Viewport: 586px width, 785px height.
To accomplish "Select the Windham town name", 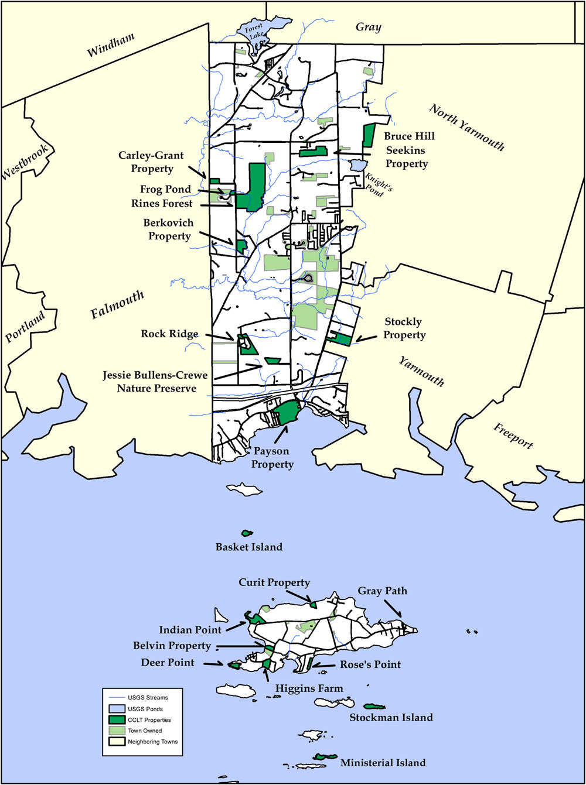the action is pyautogui.click(x=111, y=45).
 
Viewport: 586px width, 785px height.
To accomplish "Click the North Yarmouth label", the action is pyautogui.click(x=467, y=127).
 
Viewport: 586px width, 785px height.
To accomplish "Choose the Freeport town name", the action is pyautogui.click(x=513, y=435).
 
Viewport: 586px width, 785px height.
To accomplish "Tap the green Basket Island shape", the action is pyautogui.click(x=247, y=533).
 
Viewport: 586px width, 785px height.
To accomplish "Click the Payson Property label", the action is pyautogui.click(x=272, y=458).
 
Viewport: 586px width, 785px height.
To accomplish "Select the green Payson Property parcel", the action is pyautogui.click(x=286, y=413).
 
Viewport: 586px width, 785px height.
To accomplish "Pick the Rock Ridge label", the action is pyautogui.click(x=169, y=334).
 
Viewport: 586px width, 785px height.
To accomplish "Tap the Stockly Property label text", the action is pyautogui.click(x=404, y=328).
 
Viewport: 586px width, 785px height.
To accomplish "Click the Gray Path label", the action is pyautogui.click(x=383, y=591).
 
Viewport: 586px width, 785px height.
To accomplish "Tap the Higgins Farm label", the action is pyautogui.click(x=309, y=688).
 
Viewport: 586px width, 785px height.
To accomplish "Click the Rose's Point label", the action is pyautogui.click(x=370, y=664).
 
